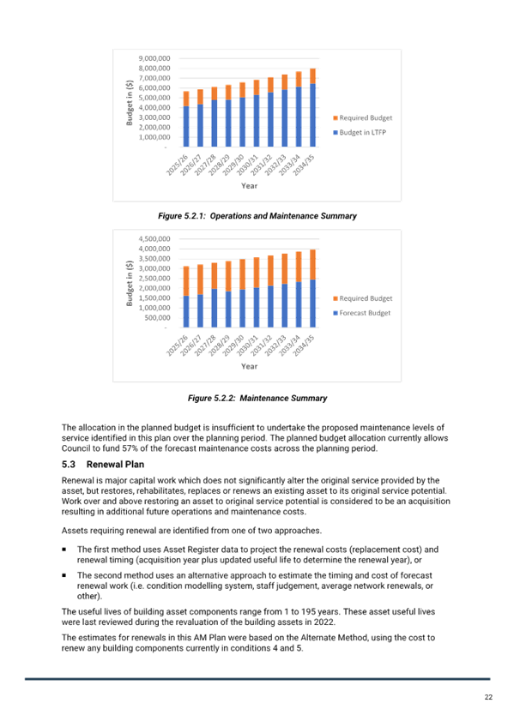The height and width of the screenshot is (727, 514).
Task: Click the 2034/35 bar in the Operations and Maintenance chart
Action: click(x=312, y=107)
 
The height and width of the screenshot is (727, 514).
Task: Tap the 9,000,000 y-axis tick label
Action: click(x=154, y=58)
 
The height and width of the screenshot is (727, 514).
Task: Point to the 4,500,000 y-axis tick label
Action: click(x=154, y=239)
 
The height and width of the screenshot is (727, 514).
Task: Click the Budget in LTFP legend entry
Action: click(x=360, y=132)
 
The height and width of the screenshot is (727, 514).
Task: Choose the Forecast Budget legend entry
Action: click(x=362, y=313)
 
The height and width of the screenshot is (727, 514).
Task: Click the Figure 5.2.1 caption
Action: click(x=257, y=215)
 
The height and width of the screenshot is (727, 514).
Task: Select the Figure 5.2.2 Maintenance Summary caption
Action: click(x=257, y=398)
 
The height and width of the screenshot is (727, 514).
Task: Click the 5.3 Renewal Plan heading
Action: click(x=103, y=464)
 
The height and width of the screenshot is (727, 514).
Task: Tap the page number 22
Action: click(x=488, y=697)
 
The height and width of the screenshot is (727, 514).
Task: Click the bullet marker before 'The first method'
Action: click(x=64, y=550)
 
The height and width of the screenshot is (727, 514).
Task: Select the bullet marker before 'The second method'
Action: click(x=64, y=575)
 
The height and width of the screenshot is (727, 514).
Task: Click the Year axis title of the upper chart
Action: click(x=249, y=185)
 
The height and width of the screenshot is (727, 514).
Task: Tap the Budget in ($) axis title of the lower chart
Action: click(x=130, y=283)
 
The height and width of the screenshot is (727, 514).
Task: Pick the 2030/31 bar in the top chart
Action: click(x=257, y=113)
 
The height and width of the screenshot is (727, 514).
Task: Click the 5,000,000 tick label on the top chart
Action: click(x=154, y=98)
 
